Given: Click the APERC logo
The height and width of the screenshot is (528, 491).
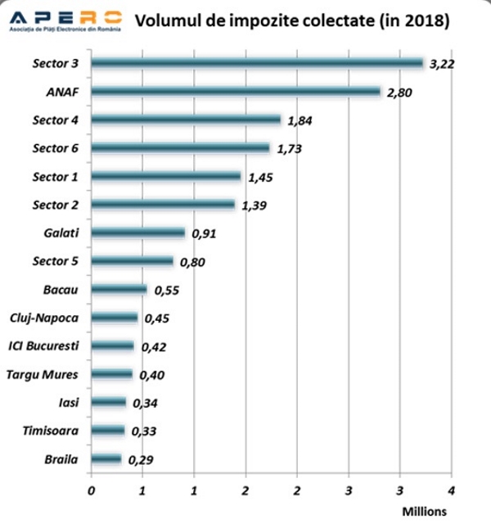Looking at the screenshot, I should click(64, 20).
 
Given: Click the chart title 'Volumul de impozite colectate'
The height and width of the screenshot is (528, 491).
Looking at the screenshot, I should click(291, 20).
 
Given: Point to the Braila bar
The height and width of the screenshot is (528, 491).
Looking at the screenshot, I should click(106, 459).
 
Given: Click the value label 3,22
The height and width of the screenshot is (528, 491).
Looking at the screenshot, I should click(442, 64).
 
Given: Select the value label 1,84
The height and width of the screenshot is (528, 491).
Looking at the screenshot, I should click(300, 121).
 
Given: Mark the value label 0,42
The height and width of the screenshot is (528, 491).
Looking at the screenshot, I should click(154, 347).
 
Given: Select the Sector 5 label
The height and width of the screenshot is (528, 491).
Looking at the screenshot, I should click(56, 261).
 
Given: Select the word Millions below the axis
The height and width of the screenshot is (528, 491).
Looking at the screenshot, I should click(424, 512).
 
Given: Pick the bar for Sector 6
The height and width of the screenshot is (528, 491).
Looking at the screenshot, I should click(180, 148).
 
